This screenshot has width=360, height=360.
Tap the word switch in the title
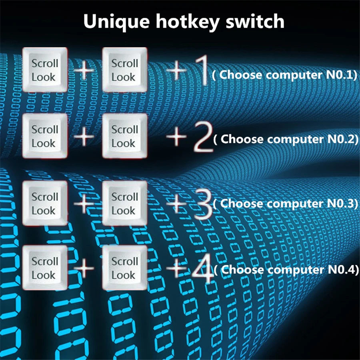pos(255,21)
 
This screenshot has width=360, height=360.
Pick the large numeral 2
pos(203,137)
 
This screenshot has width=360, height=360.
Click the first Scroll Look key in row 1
pos(45,70)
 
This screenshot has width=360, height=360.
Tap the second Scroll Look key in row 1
pos(125,70)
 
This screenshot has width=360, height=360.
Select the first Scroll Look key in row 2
pos(45,136)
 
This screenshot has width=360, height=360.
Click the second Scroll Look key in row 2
pos(125,136)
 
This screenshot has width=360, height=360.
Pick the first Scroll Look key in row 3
pos(45,203)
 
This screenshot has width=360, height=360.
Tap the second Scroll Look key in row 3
pos(125,203)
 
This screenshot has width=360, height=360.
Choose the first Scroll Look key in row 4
pos(45,268)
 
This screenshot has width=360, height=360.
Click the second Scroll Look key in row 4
pos(125,268)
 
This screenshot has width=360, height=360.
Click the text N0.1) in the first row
pos(342,75)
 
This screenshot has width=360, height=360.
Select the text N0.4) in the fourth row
pos(343,269)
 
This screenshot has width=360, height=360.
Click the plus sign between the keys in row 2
pos(84,136)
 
